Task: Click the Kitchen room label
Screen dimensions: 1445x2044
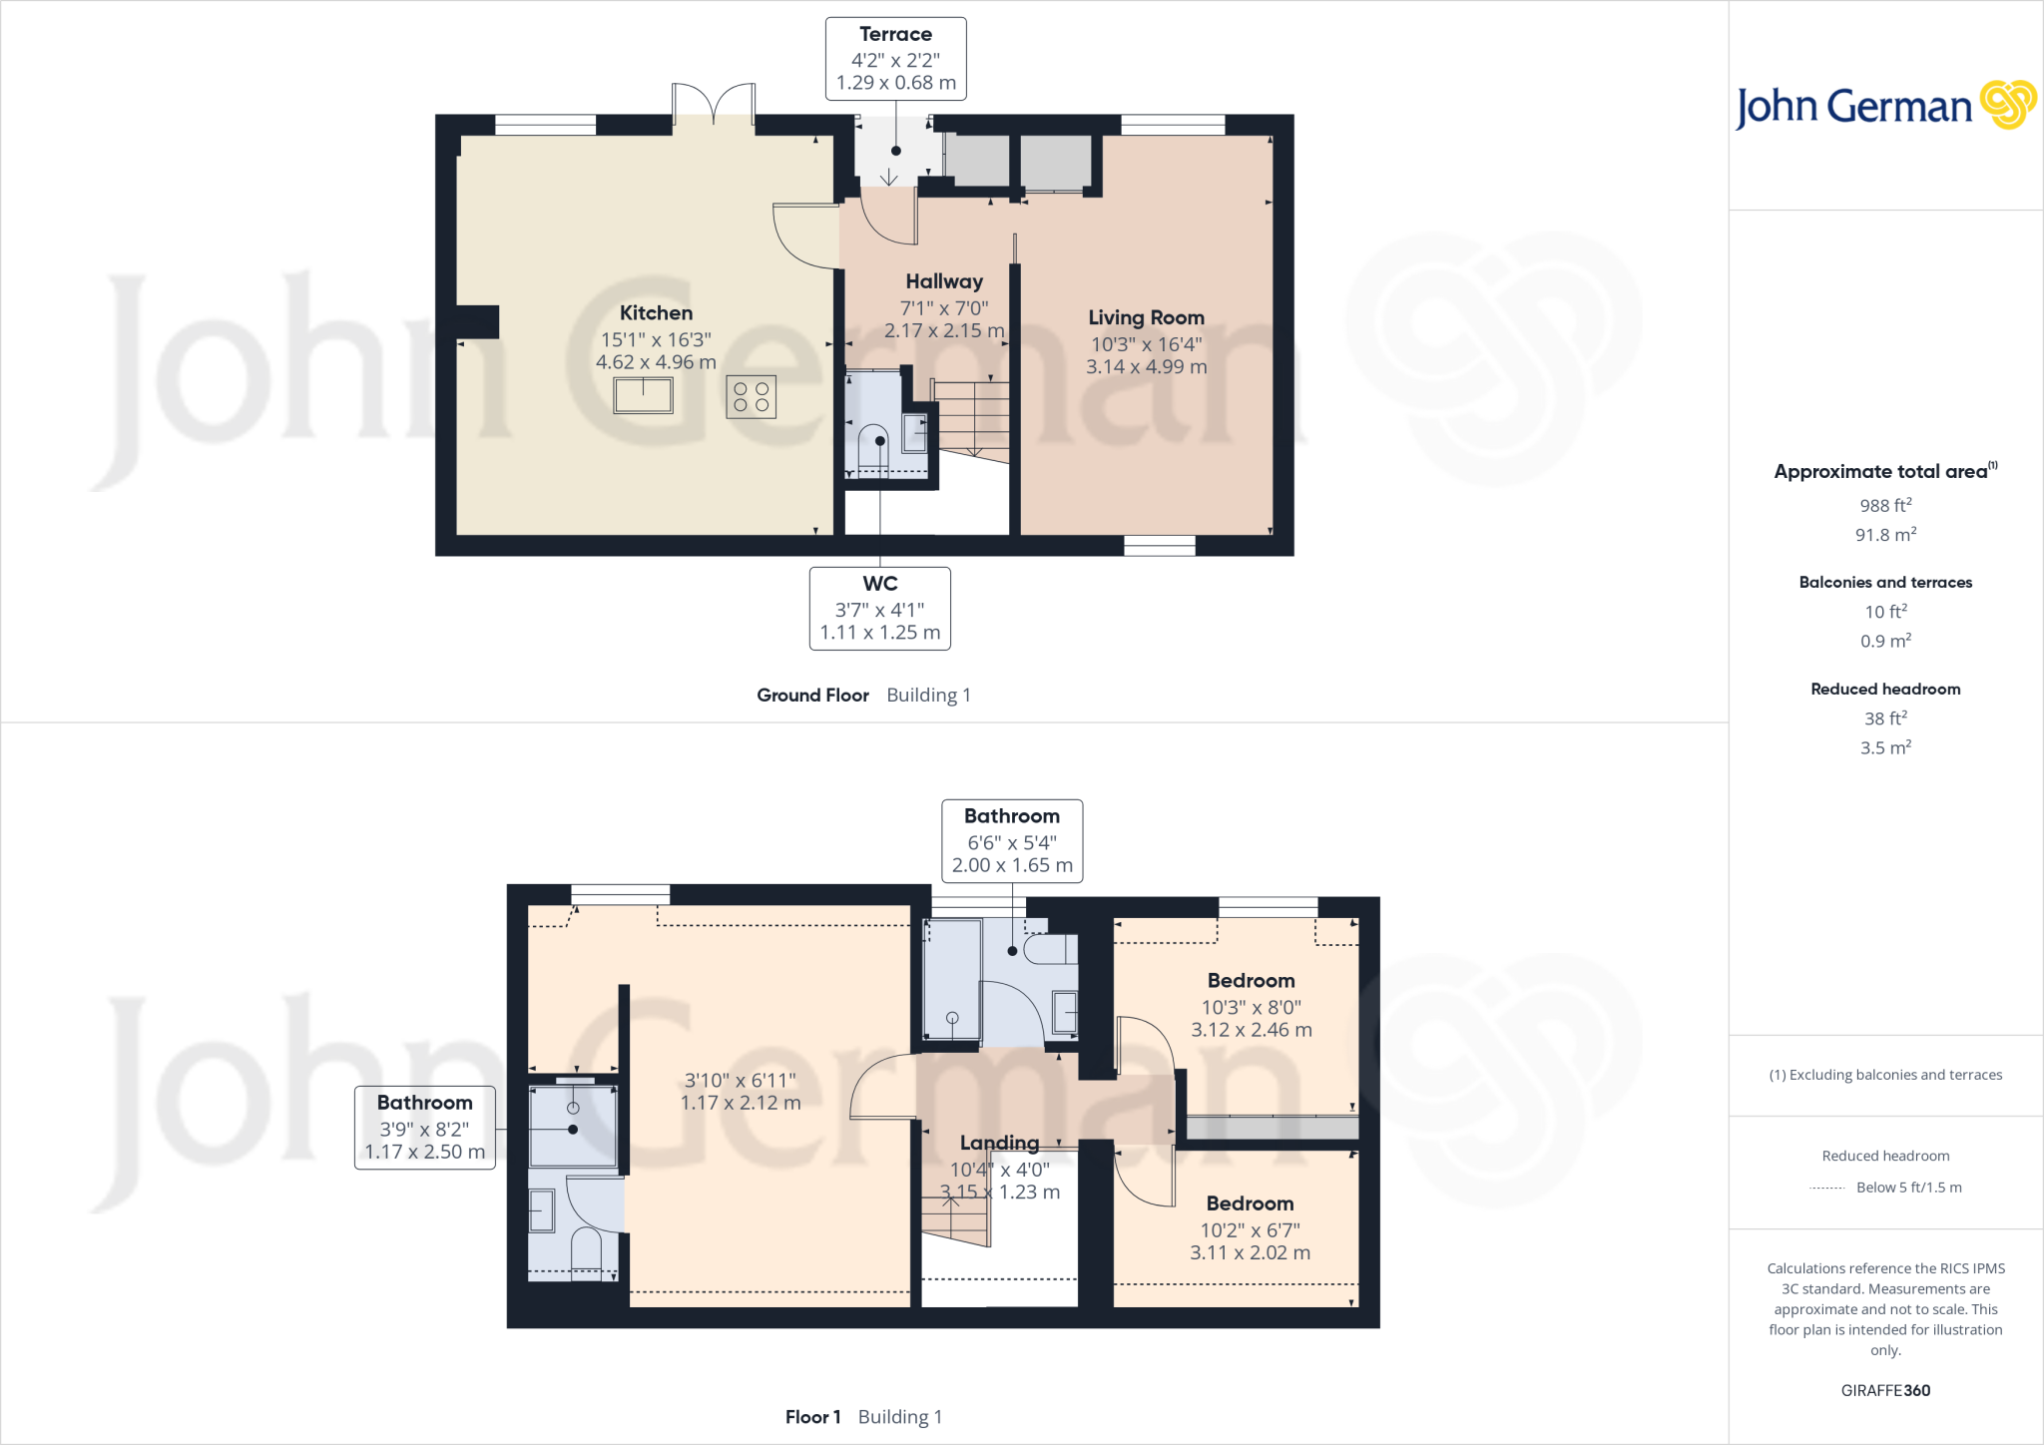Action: click(x=656, y=313)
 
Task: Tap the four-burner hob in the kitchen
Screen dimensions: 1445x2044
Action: click(x=751, y=396)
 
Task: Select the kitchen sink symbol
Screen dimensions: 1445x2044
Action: click(x=643, y=395)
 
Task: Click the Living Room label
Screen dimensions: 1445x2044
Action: click(x=1146, y=317)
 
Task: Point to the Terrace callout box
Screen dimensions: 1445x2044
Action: click(x=895, y=59)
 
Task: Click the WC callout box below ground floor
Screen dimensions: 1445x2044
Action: click(x=879, y=608)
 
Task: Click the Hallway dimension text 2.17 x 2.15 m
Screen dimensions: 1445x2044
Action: click(x=944, y=330)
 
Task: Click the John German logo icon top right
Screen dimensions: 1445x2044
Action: click(x=2007, y=105)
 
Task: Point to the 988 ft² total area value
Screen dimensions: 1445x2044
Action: click(x=1884, y=506)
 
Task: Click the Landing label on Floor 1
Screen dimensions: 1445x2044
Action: click(x=999, y=1143)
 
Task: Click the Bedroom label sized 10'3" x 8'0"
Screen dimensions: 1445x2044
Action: click(x=1251, y=981)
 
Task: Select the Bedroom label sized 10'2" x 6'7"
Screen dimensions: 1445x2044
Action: click(x=1250, y=1204)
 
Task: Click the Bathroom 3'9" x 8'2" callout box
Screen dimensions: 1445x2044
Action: click(x=425, y=1127)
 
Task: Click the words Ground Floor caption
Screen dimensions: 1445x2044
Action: click(x=812, y=696)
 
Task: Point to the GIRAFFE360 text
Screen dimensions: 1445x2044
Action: click(x=1884, y=1390)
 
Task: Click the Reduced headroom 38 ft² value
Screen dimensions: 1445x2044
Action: click(x=1884, y=719)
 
